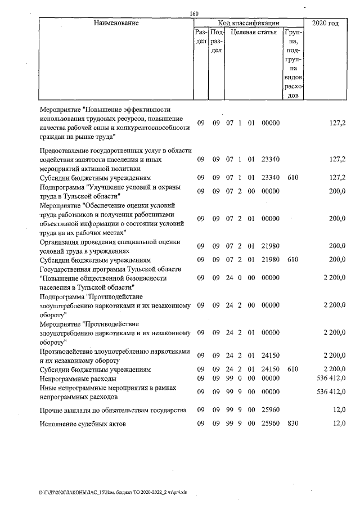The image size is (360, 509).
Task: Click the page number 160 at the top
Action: tap(194, 13)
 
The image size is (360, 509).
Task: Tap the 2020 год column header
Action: tap(325, 23)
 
